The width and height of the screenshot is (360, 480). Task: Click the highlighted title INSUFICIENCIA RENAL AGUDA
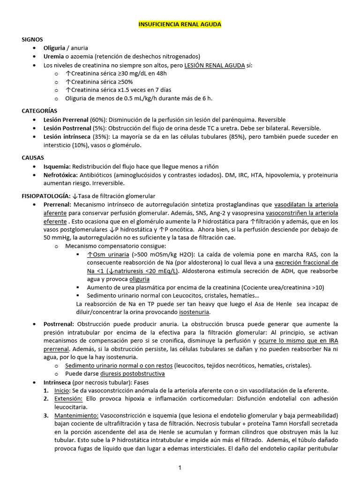180,24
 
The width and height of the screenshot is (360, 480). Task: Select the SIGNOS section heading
32,39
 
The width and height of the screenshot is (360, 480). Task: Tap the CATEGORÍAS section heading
39,111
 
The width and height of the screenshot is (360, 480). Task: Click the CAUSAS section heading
33,158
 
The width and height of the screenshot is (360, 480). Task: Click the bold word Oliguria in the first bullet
54,48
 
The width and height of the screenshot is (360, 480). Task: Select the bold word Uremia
53,56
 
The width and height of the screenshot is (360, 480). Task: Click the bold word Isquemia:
57,166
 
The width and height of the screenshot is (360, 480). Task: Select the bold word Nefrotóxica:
60,175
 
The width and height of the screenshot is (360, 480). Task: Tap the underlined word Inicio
61,390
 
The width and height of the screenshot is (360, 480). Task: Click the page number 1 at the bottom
180,467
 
